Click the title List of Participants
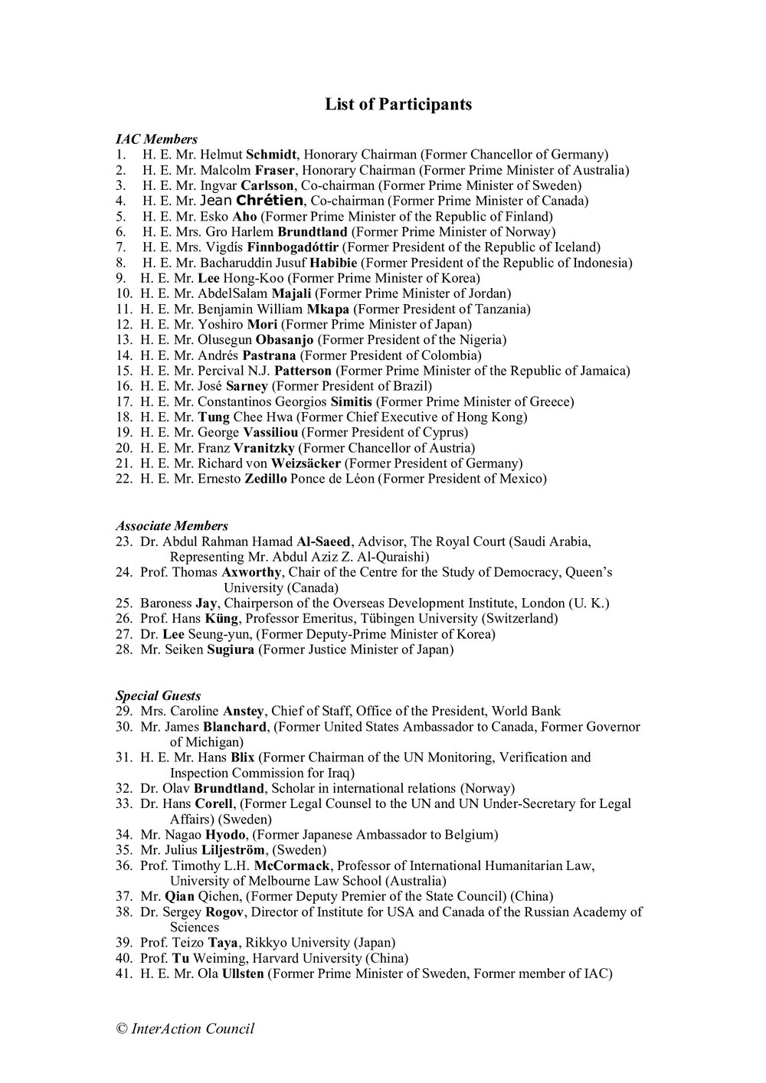click(x=398, y=104)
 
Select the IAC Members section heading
click(x=156, y=139)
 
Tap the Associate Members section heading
click(x=172, y=526)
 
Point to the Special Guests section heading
click(x=158, y=695)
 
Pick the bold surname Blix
click(x=243, y=757)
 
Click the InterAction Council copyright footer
click(x=185, y=1029)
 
